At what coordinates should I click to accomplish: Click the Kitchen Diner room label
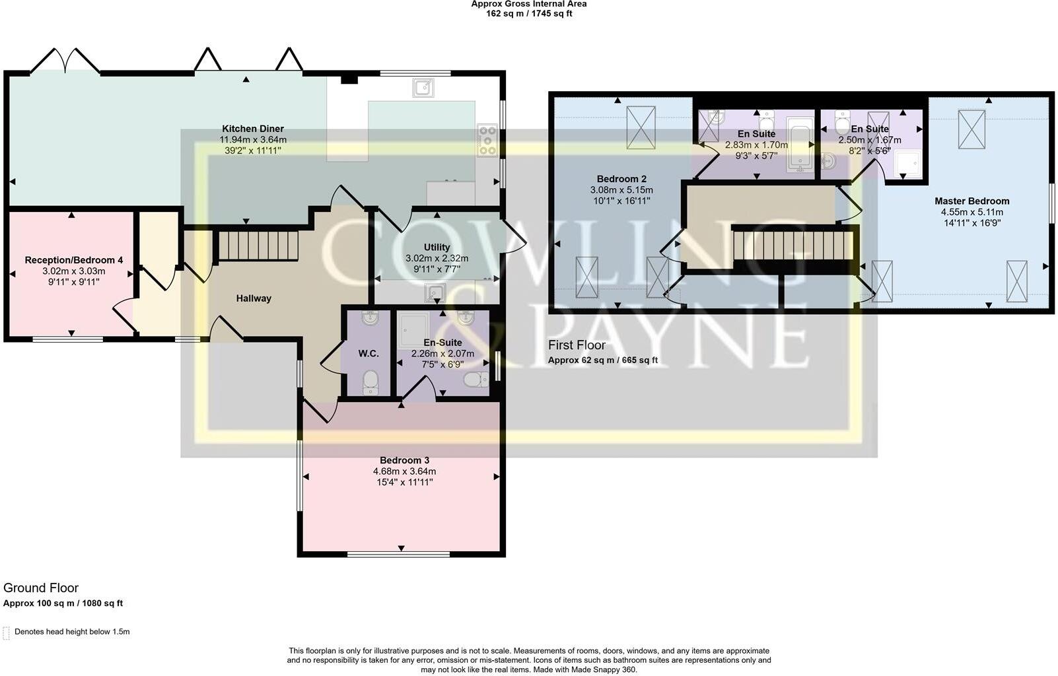pyautogui.click(x=253, y=129)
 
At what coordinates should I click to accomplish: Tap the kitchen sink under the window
pyautogui.click(x=423, y=87)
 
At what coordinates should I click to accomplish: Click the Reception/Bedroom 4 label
pyautogui.click(x=74, y=260)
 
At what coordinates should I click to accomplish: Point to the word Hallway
pyautogui.click(x=254, y=298)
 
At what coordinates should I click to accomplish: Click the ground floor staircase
pyautogui.click(x=258, y=245)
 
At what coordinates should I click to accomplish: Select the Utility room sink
pyautogui.click(x=435, y=292)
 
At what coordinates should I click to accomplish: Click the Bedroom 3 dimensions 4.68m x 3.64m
pyautogui.click(x=404, y=471)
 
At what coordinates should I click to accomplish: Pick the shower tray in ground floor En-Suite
pyautogui.click(x=414, y=328)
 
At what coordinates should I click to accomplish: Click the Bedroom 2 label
pyautogui.click(x=621, y=179)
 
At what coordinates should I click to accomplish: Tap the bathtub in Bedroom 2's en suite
pyautogui.click(x=800, y=146)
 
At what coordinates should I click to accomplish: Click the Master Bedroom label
pyautogui.click(x=971, y=201)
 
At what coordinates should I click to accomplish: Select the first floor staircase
pyautogui.click(x=793, y=244)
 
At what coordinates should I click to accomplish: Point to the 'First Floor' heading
pyautogui.click(x=577, y=345)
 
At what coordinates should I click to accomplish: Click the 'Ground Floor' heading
pyautogui.click(x=41, y=588)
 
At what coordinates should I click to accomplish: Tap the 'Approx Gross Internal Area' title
pyautogui.click(x=528, y=4)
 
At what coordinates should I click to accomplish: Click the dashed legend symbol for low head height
pyautogui.click(x=7, y=632)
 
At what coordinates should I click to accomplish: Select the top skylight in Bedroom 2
pyautogui.click(x=640, y=127)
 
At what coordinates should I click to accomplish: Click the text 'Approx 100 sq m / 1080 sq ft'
pyautogui.click(x=63, y=603)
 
